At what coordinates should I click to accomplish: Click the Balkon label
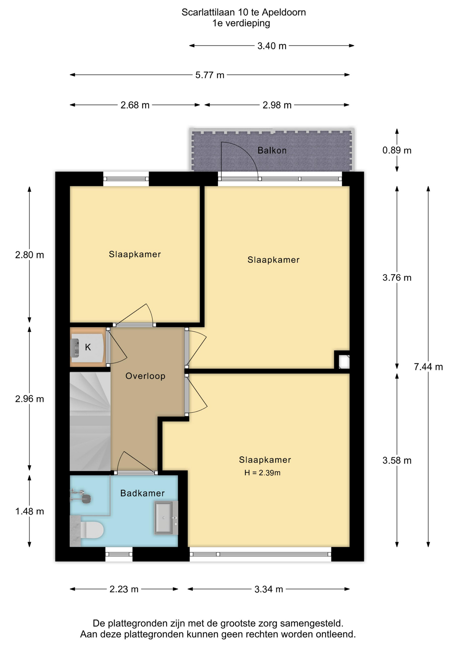[x=272, y=151]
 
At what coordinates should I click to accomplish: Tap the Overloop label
[x=145, y=376]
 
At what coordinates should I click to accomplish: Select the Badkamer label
[x=142, y=493]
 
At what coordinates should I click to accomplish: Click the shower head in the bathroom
[x=86, y=498]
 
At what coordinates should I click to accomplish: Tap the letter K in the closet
[x=88, y=347]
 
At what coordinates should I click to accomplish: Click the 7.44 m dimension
[x=428, y=367]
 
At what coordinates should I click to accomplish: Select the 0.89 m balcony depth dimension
[x=397, y=150]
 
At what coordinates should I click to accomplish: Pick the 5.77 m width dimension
[x=210, y=75]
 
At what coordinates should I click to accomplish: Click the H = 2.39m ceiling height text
[x=262, y=473]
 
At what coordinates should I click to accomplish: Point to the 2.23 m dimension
[x=124, y=589]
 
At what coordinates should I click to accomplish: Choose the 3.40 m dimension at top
[x=272, y=46]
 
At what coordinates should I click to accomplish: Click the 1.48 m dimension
[x=30, y=511]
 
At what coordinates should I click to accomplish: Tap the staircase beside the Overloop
[x=90, y=421]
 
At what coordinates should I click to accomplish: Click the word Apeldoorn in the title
[x=284, y=12]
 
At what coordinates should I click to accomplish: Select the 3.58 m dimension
[x=397, y=460]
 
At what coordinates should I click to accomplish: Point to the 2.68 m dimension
[x=135, y=105]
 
